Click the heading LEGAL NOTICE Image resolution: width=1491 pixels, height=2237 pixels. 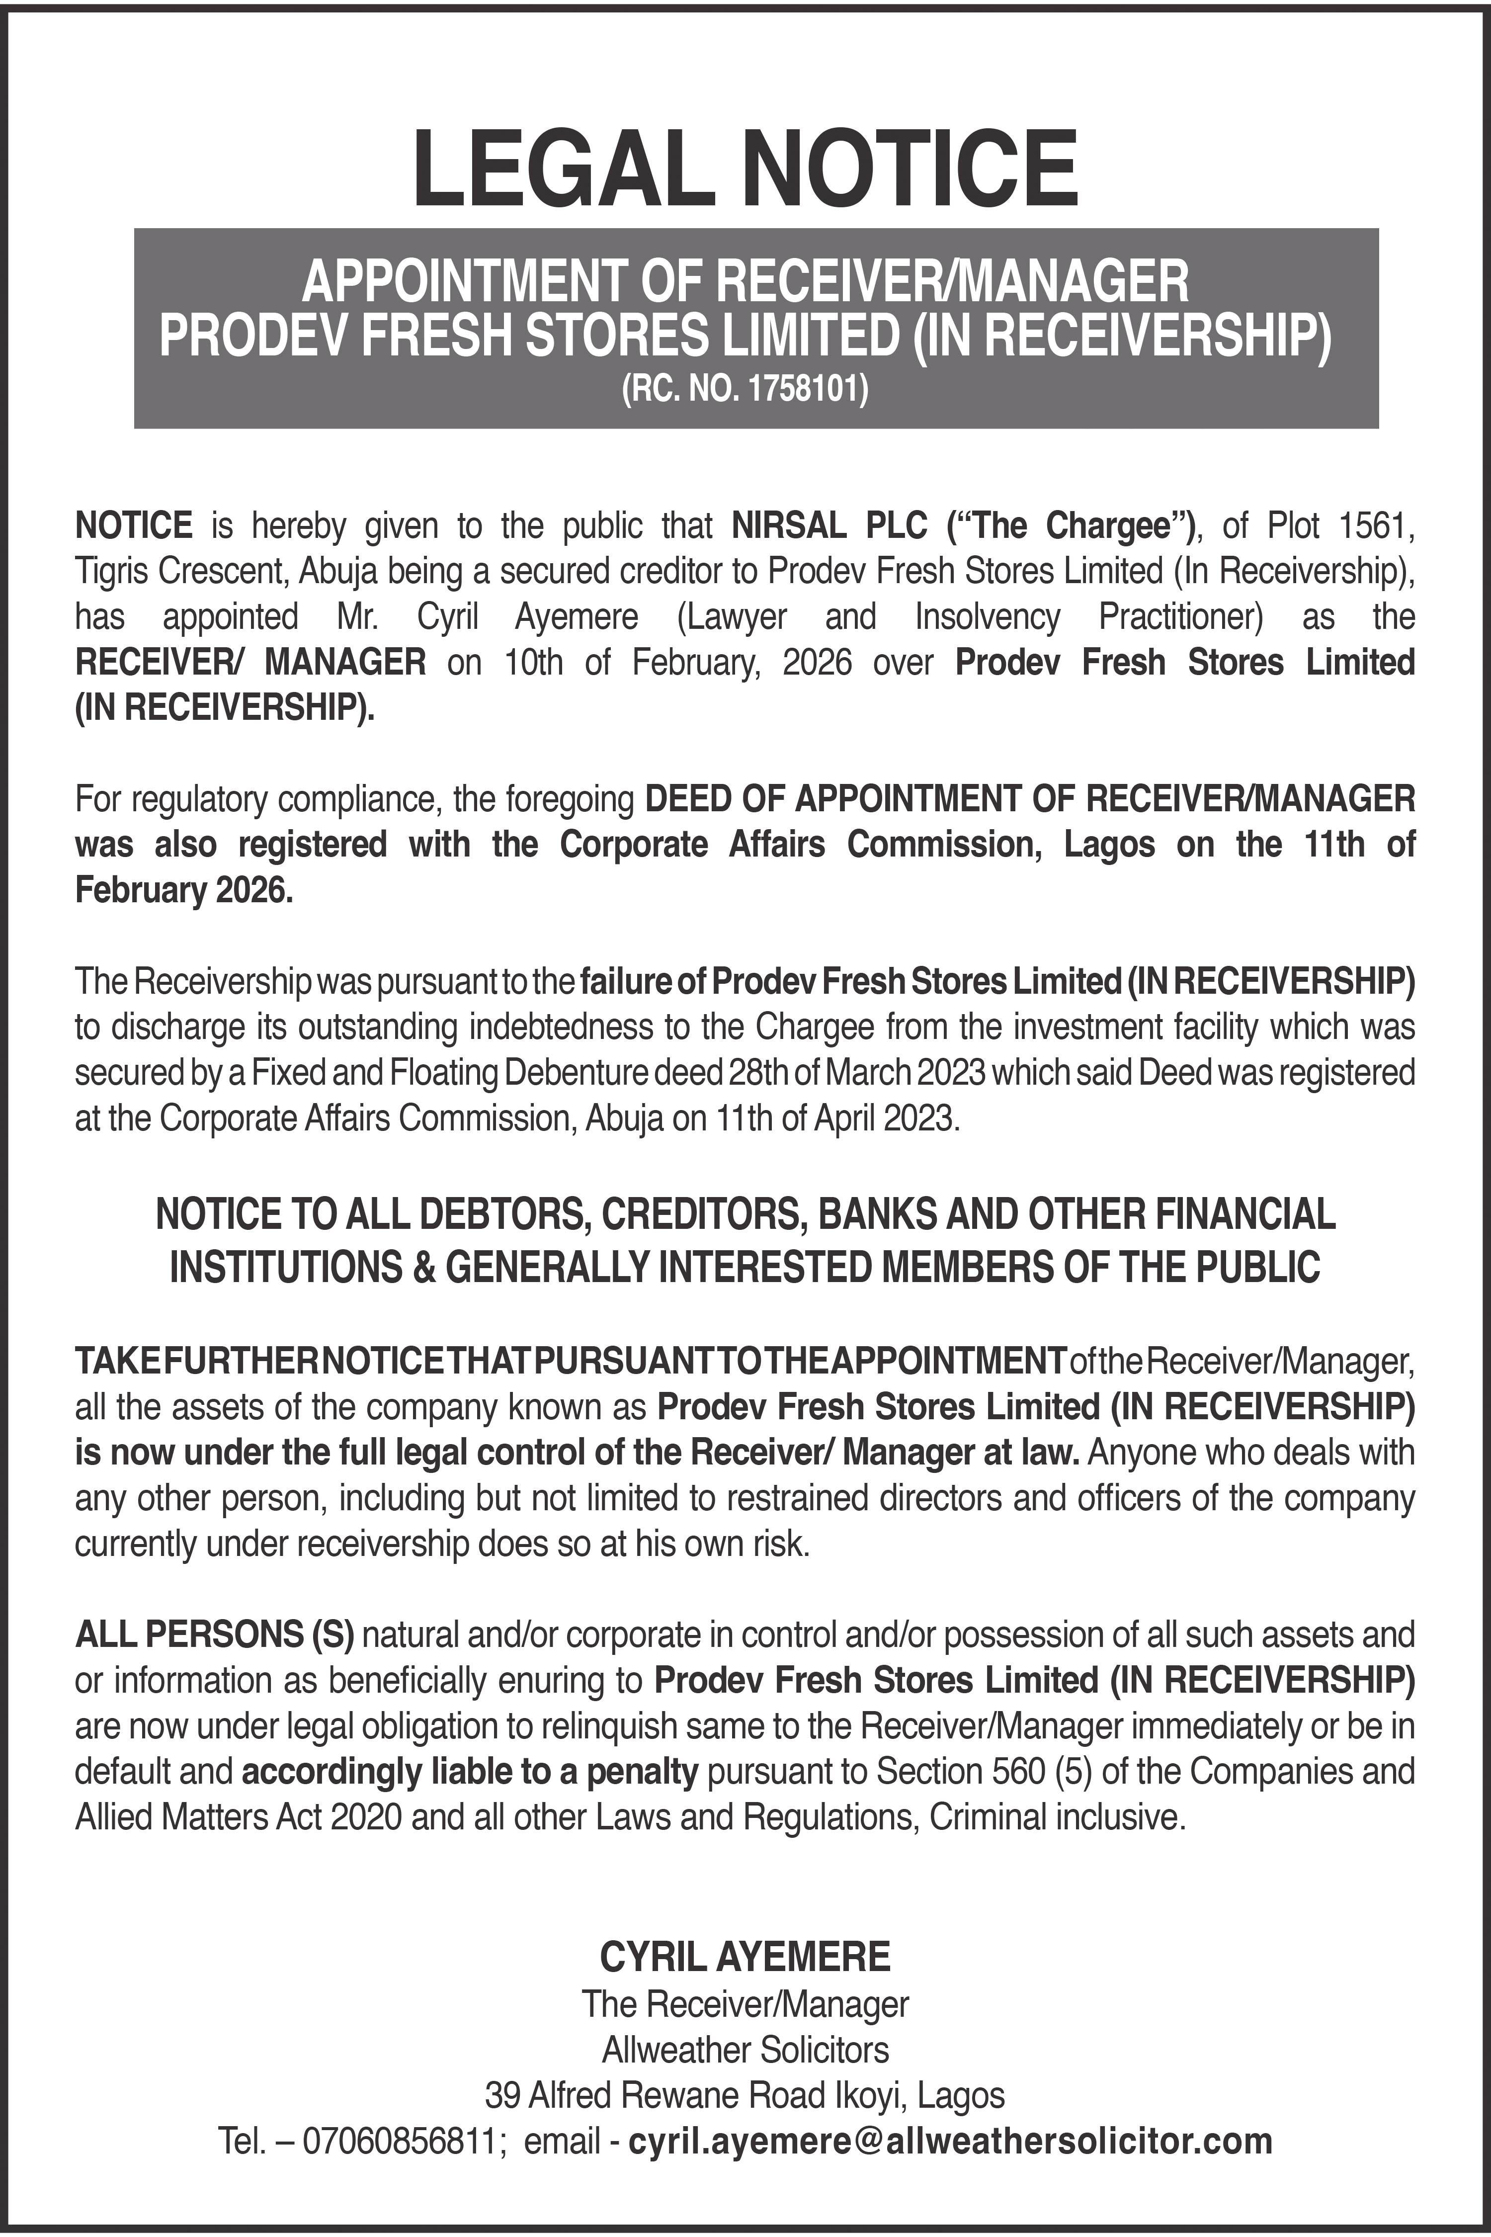[745, 170]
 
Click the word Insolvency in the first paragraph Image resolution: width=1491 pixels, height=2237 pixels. [987, 616]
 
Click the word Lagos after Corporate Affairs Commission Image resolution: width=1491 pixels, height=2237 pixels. [1109, 844]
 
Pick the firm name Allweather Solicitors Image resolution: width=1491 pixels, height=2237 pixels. [745, 2049]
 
